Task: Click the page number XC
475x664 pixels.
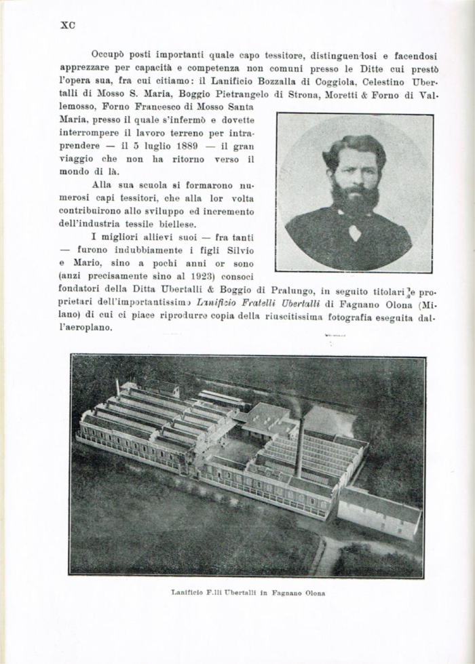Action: [67, 26]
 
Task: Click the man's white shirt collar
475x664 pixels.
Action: [355, 231]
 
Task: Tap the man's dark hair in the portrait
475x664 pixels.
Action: [354, 148]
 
